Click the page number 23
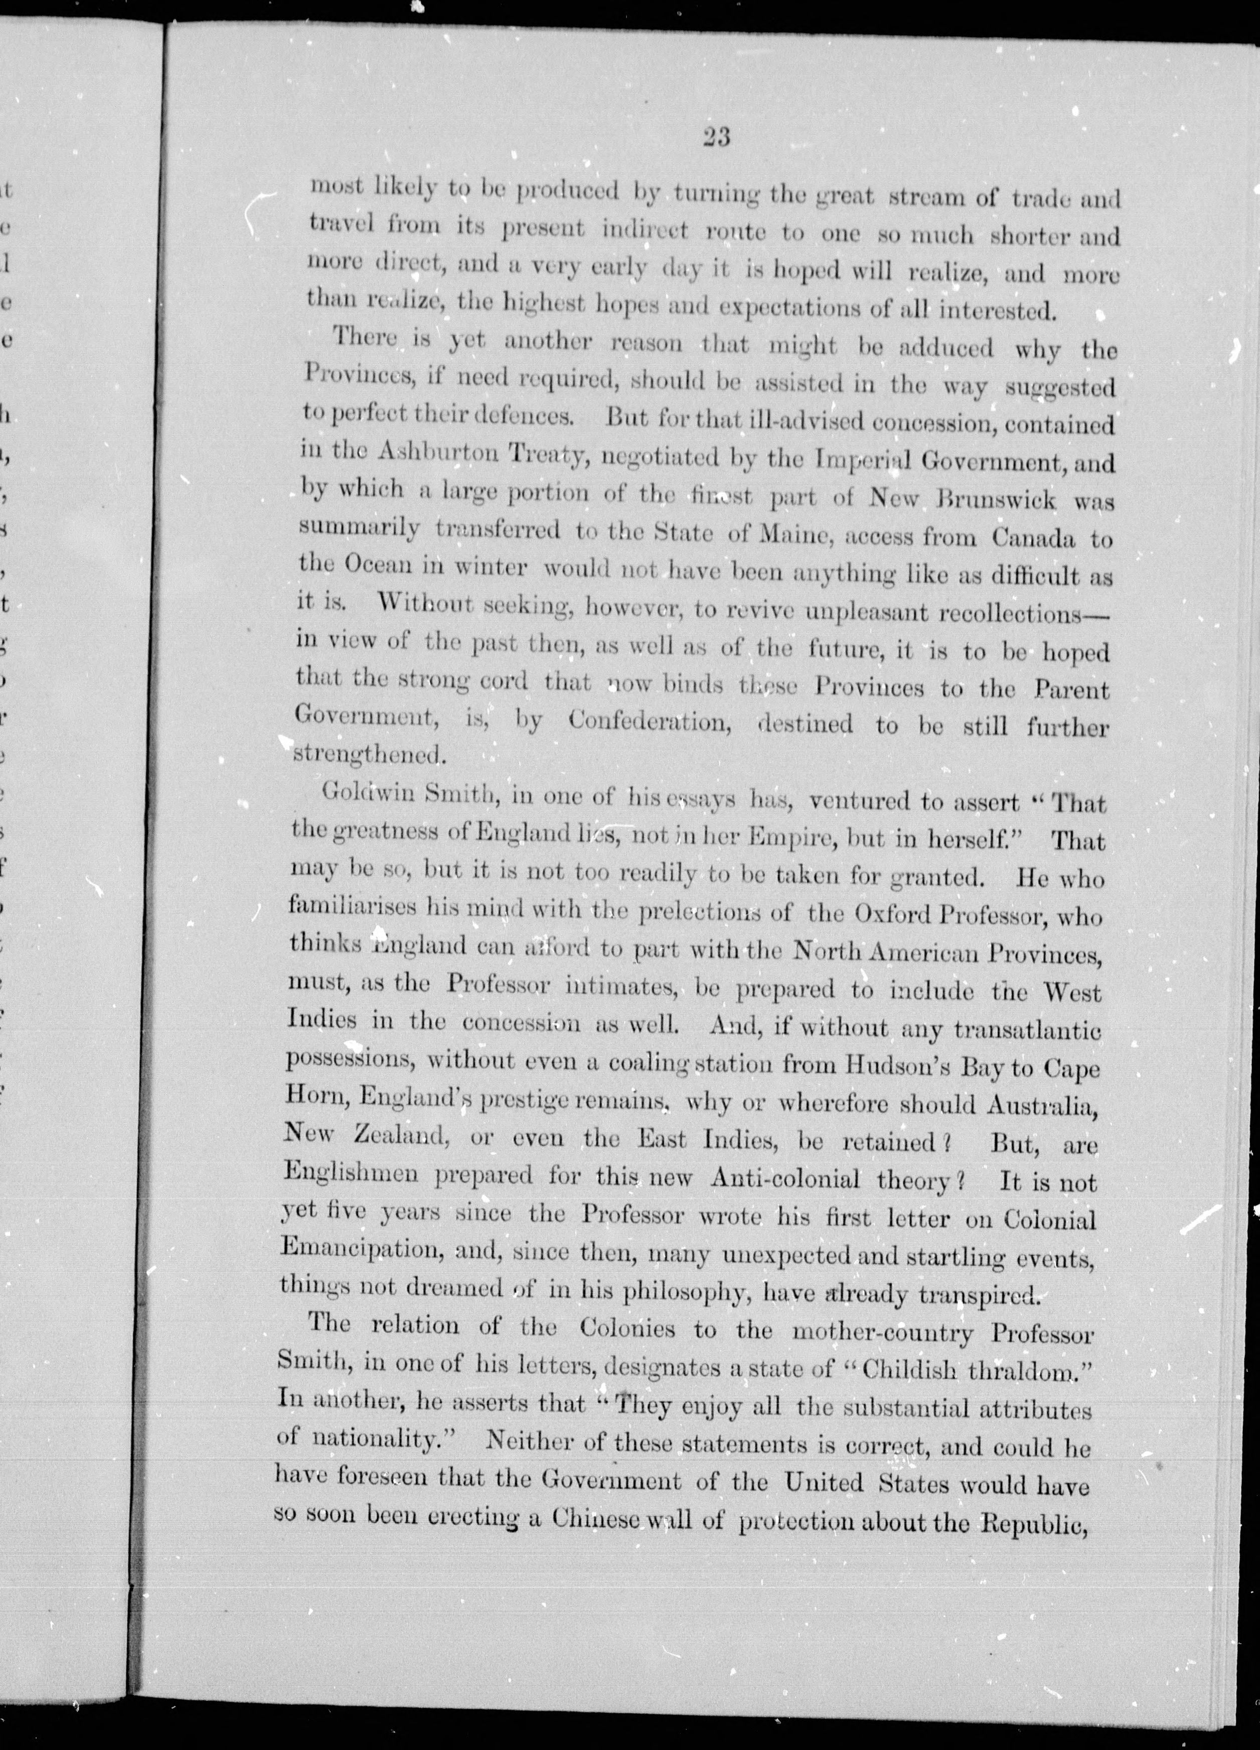[x=716, y=137]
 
